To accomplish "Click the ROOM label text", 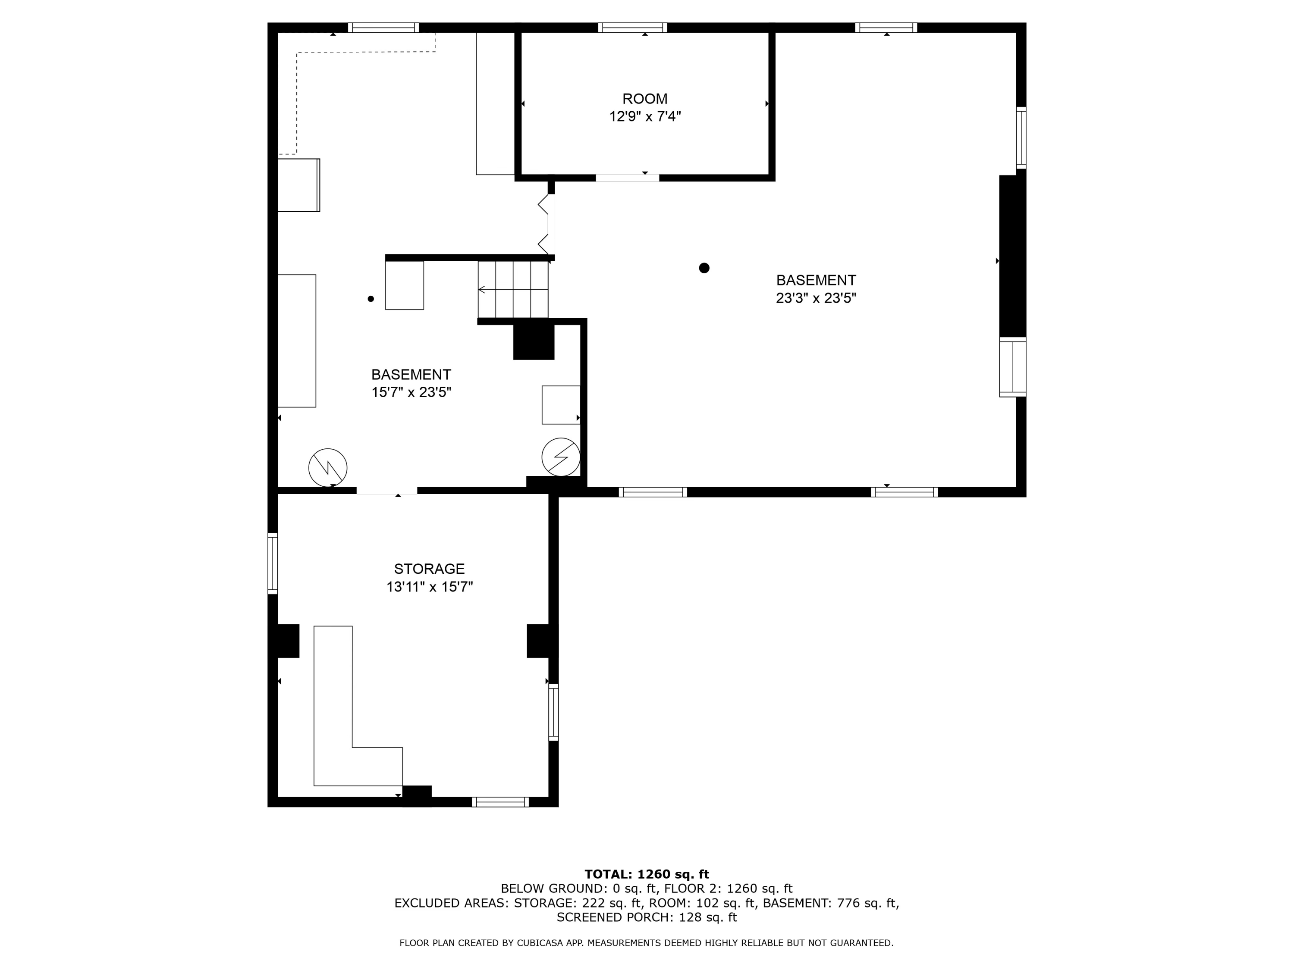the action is [x=645, y=99].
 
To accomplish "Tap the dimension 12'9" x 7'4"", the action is [x=645, y=116].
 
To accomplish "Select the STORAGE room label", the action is [x=429, y=569].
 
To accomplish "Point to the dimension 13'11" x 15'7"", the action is [x=429, y=586].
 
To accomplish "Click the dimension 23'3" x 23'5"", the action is [x=816, y=298].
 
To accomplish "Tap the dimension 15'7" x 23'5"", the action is [x=411, y=392].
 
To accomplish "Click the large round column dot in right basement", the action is [x=704, y=268].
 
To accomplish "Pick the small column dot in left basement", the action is [x=370, y=299].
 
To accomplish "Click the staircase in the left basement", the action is [x=513, y=289].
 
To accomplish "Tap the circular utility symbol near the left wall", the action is [x=327, y=468].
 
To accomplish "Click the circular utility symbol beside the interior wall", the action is [x=560, y=457].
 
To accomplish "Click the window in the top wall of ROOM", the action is [x=632, y=28].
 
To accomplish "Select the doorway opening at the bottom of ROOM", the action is [x=627, y=178].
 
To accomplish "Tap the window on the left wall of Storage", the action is [x=273, y=563].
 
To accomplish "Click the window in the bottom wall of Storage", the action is [x=500, y=802].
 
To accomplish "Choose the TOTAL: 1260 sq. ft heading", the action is [x=647, y=874].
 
